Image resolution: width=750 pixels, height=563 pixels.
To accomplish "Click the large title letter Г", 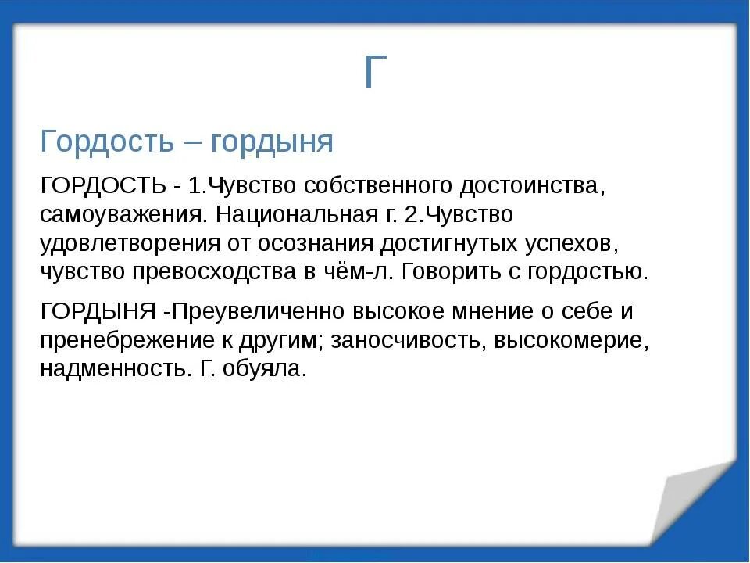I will tap(375, 72).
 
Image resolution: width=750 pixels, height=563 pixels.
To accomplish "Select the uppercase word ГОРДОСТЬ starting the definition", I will tap(103, 185).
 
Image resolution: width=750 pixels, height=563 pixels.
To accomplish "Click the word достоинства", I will tap(530, 185).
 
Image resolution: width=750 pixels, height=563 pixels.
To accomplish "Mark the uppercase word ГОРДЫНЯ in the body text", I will tap(98, 311).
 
